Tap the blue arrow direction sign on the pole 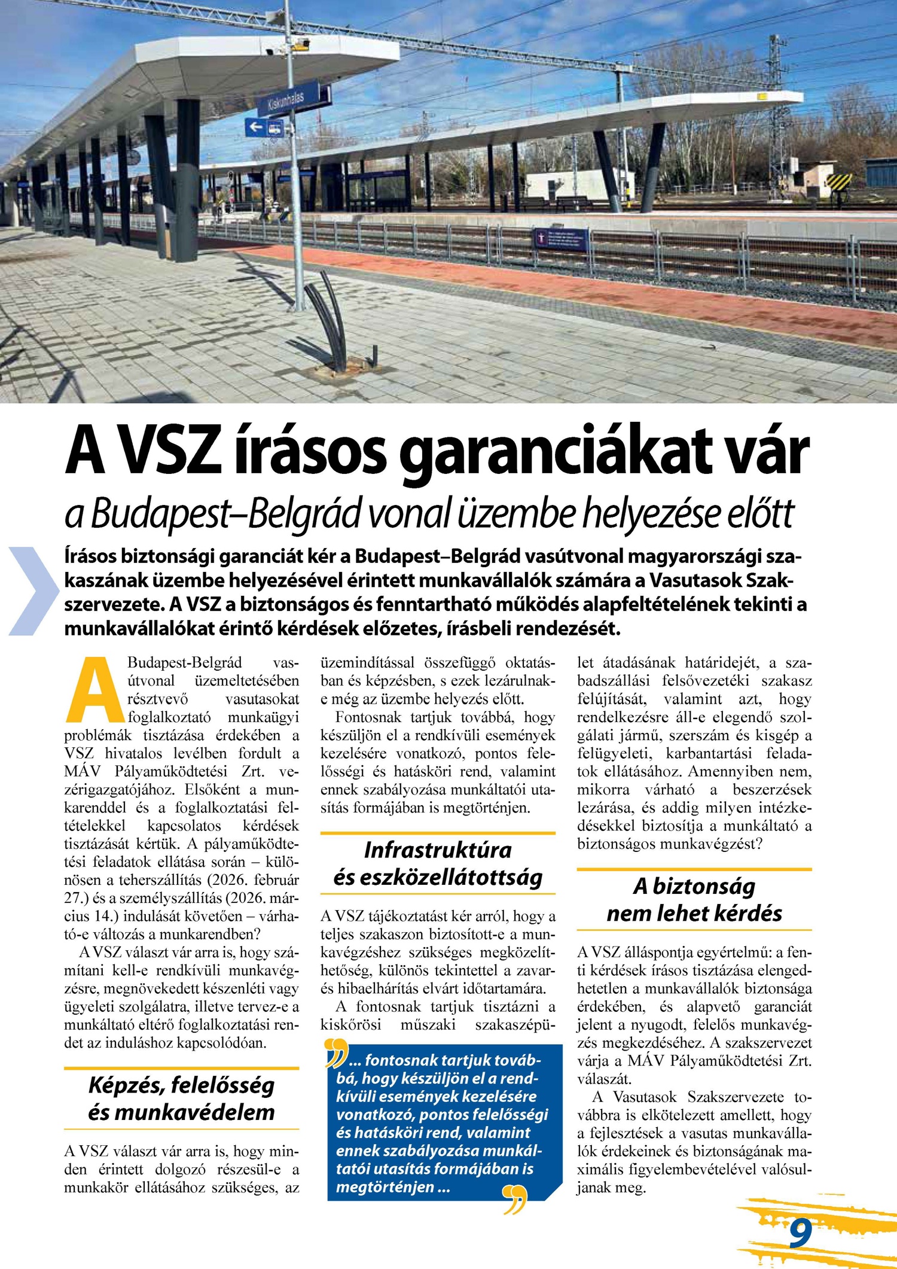click(x=264, y=127)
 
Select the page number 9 click(x=800, y=1233)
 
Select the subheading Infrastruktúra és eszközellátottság click(x=438, y=863)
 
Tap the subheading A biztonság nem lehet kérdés click(x=694, y=899)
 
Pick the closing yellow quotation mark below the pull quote click(x=515, y=1199)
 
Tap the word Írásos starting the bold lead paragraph click(x=91, y=556)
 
